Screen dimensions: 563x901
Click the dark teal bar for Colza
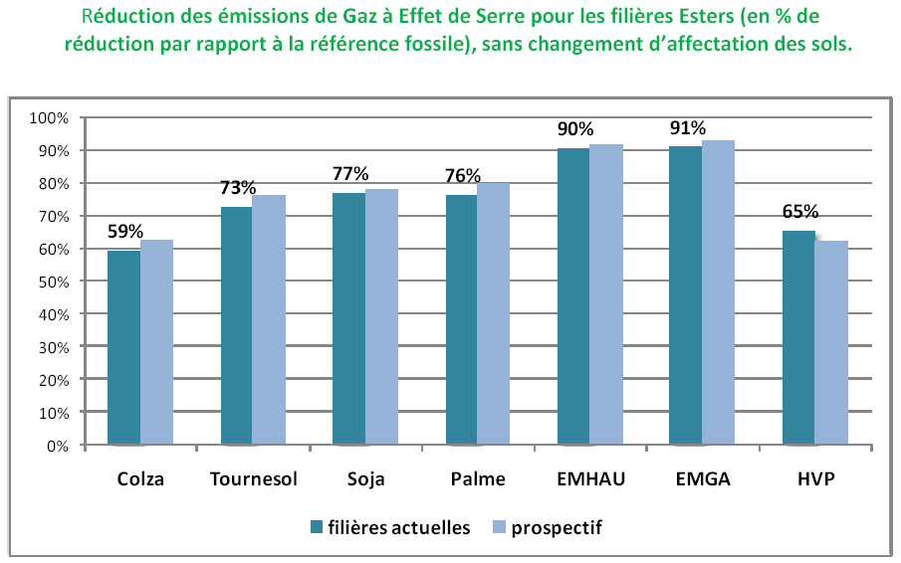pos(123,348)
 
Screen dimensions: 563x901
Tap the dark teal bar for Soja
pos(348,318)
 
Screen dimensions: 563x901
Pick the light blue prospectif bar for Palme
pos(493,314)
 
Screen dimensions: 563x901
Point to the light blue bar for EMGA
pos(718,293)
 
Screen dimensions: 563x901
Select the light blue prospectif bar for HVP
pos(831,343)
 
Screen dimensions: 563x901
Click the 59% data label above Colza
pos(125,232)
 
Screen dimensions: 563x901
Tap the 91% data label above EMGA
pos(688,128)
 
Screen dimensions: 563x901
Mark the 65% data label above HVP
pos(800,211)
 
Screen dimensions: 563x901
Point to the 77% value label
pos(350,174)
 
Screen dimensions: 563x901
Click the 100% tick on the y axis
pos(49,118)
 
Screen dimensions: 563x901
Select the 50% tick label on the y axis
pos(52,281)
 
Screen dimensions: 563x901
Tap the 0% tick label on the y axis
pos(56,446)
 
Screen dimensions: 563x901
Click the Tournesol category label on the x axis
pos(254,479)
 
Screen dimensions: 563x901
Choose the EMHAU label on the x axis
pos(591,479)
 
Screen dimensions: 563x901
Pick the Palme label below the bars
pos(479,479)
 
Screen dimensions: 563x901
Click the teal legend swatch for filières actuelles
pos(317,527)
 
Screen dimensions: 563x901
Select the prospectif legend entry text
pos(557,527)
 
